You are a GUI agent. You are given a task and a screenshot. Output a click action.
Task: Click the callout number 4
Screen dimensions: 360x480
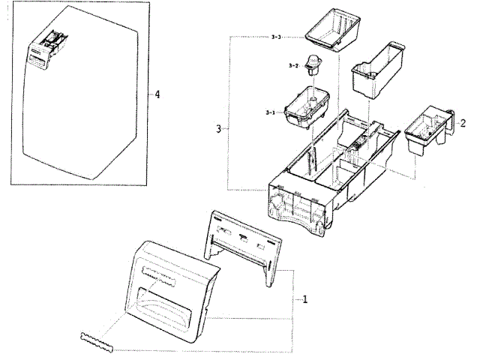(x=157, y=94)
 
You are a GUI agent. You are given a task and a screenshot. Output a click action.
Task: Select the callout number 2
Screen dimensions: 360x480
(x=463, y=122)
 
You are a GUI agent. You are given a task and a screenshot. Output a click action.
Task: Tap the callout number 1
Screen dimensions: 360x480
(x=305, y=300)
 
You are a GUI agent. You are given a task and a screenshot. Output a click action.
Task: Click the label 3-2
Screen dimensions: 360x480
(x=293, y=66)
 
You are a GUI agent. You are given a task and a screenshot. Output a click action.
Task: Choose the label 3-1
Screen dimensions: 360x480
(x=271, y=112)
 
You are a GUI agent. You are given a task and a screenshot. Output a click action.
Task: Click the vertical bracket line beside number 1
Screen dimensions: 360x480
(x=292, y=300)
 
